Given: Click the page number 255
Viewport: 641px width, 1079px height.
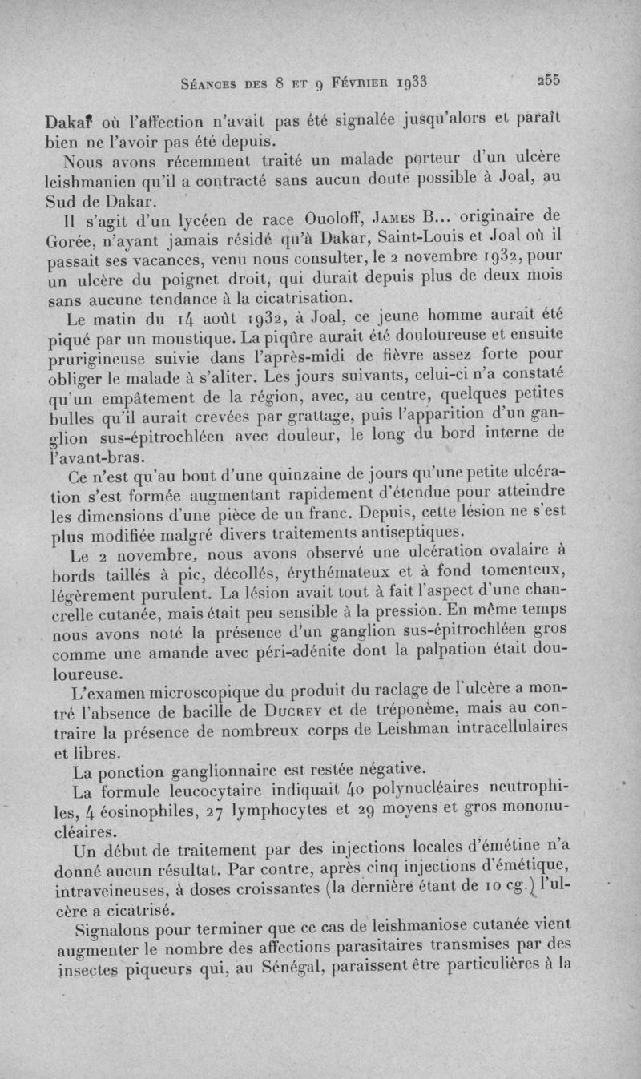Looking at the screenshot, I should (x=549, y=80).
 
